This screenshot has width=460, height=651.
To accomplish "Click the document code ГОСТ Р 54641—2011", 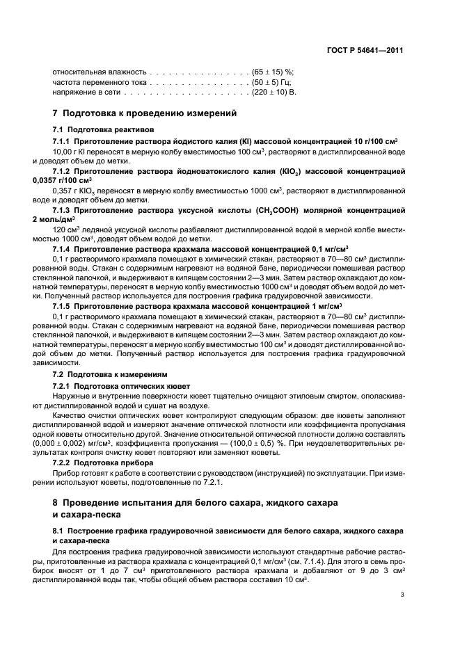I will click(x=369, y=50).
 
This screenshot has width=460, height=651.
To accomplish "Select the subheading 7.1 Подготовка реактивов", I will click(x=104, y=130).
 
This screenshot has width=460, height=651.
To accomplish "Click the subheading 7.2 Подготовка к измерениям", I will click(x=110, y=374).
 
